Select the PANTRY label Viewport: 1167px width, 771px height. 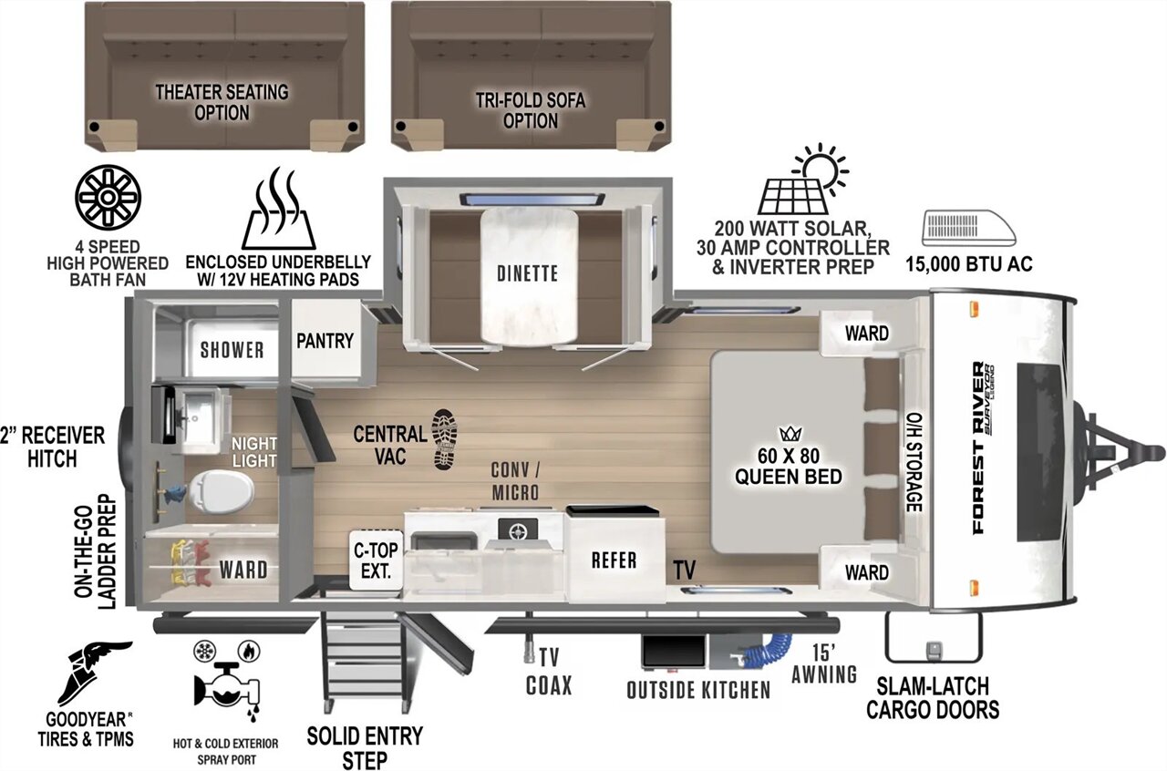tap(325, 341)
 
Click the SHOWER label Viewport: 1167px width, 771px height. tap(232, 350)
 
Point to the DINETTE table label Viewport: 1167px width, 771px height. tap(527, 273)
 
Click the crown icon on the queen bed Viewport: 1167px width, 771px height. tap(790, 434)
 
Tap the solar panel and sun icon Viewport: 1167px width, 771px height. tap(803, 179)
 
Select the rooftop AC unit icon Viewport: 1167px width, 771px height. tap(969, 228)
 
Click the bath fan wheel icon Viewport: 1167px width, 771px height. tap(108, 198)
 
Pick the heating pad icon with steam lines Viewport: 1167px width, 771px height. tap(279, 209)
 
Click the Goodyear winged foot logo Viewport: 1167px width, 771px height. tap(94, 673)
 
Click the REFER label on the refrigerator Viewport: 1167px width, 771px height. tap(614, 560)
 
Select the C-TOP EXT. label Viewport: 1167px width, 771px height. tap(376, 560)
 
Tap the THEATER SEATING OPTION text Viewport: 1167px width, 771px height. tap(222, 102)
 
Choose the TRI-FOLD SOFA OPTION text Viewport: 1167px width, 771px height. tap(531, 110)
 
